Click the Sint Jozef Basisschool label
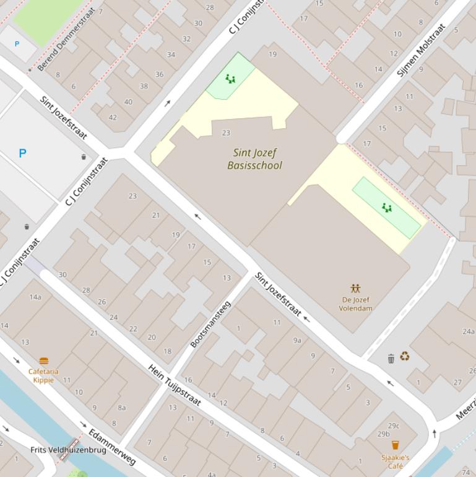[x=254, y=159]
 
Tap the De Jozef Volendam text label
[x=355, y=304]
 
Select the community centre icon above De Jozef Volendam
[x=355, y=289]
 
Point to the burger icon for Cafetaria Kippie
[x=43, y=361]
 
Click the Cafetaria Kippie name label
[x=43, y=375]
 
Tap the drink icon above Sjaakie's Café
[x=396, y=445]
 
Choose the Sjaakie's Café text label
[x=396, y=462]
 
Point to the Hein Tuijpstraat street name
[x=175, y=385]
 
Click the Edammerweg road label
[x=111, y=446]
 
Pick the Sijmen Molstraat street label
[x=421, y=50]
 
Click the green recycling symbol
[x=404, y=356]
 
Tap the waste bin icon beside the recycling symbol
[x=391, y=359]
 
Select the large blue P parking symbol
[x=23, y=153]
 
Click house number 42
[x=113, y=117]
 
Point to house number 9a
[x=297, y=340]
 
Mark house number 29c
[x=394, y=426]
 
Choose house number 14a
[x=35, y=297]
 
